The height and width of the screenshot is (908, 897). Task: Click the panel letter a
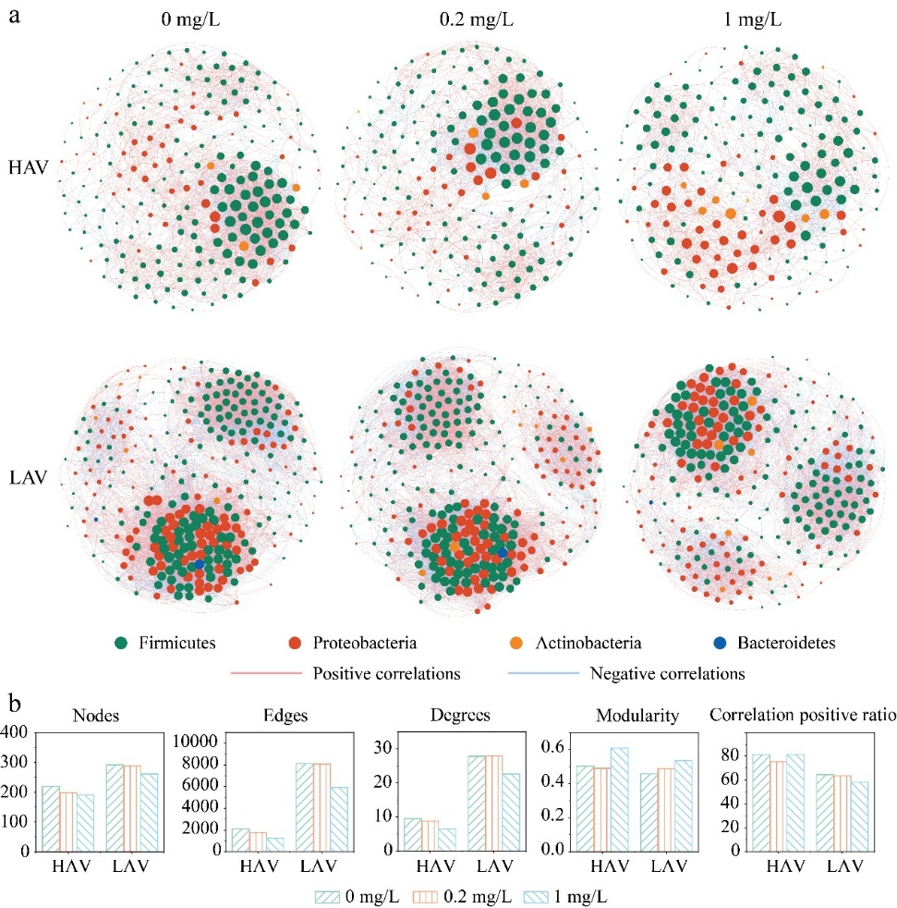click(x=14, y=17)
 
